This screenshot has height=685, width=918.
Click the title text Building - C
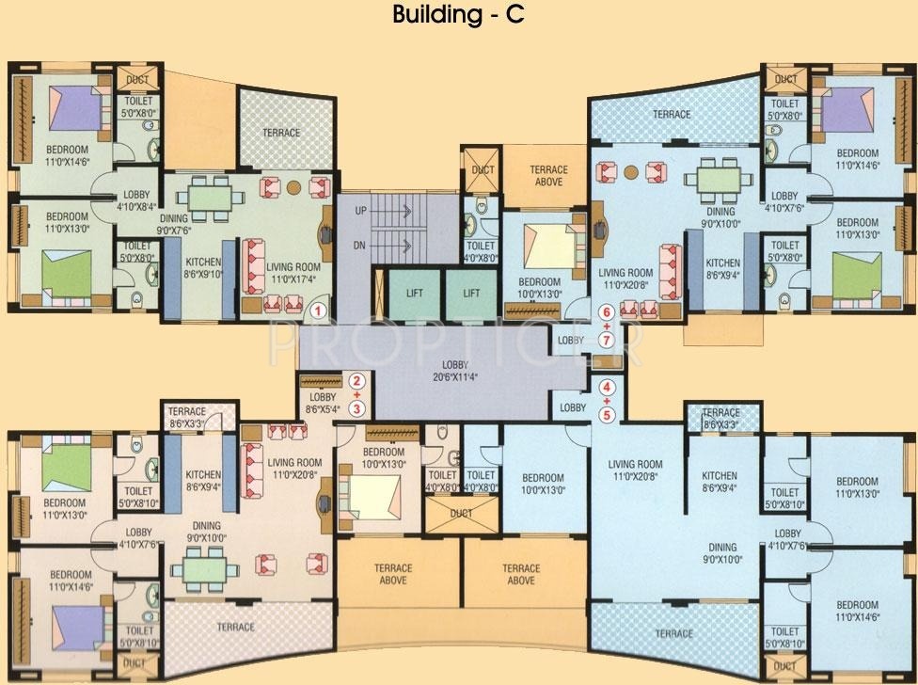[458, 15]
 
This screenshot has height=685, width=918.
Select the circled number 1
[319, 309]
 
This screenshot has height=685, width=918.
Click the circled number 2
[356, 381]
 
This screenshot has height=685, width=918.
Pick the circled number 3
[356, 408]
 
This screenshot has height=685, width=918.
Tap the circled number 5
[607, 413]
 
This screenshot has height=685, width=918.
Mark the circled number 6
[607, 311]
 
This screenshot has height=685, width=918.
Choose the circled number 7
[607, 339]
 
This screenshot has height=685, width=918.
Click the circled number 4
[607, 386]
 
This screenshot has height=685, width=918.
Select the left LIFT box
[414, 293]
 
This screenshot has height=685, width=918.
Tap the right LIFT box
[471, 293]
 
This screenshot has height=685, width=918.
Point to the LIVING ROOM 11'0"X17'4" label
[292, 273]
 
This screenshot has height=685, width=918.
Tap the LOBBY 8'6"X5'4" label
[325, 404]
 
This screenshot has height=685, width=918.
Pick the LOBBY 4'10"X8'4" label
[137, 199]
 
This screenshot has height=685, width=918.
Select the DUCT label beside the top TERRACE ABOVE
[483, 169]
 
